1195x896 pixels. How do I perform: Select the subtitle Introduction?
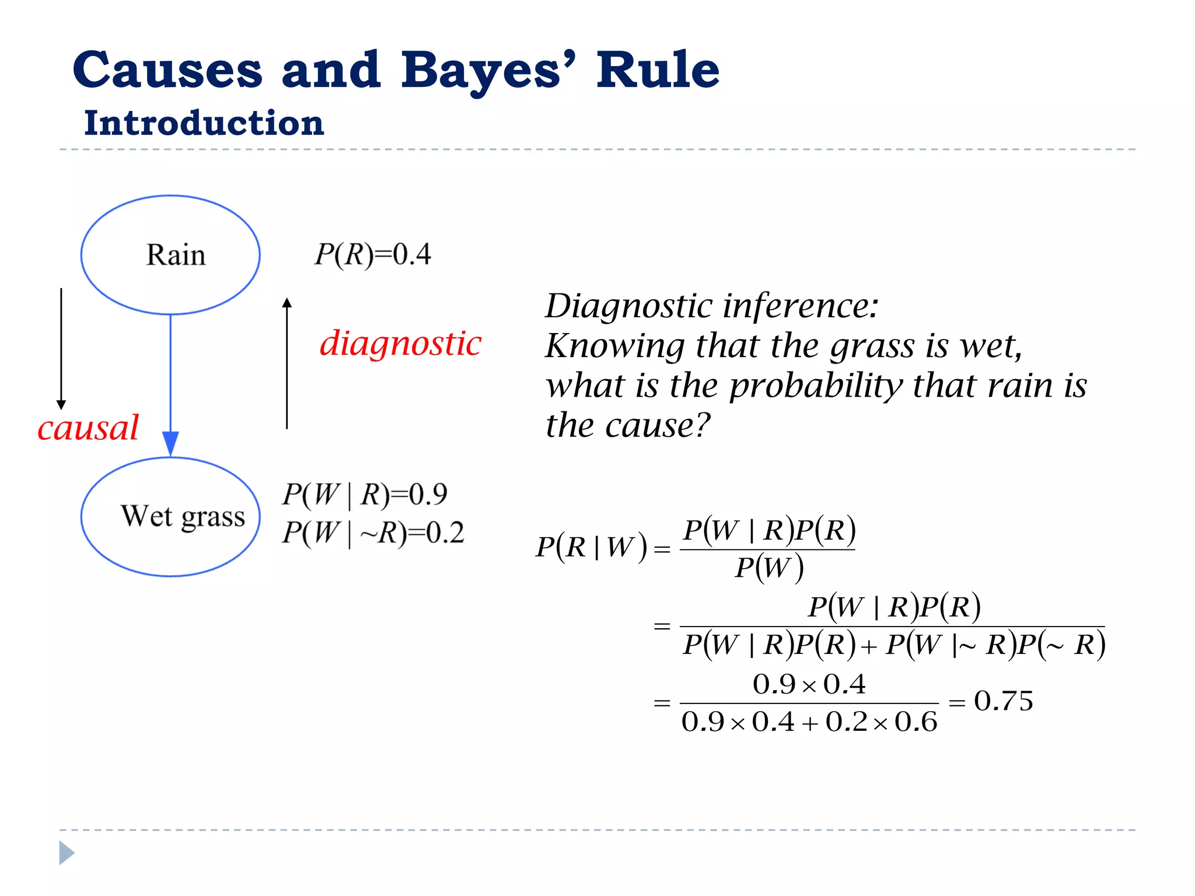(204, 124)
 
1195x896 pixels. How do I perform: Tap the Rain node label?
(176, 255)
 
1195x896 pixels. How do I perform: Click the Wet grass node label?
(183, 516)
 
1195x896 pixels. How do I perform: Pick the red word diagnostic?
(400, 343)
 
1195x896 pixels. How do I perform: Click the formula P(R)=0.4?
(372, 254)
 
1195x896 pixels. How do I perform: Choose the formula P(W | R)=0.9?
(365, 495)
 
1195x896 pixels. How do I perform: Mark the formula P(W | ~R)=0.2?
(373, 533)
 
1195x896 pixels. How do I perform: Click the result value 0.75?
(1003, 701)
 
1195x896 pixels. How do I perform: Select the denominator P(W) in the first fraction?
(768, 568)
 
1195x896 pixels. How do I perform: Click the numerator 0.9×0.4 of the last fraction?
(809, 684)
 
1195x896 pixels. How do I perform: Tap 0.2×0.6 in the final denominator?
(881, 722)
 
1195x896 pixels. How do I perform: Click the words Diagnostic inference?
(711, 306)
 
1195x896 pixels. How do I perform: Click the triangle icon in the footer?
(67, 853)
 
